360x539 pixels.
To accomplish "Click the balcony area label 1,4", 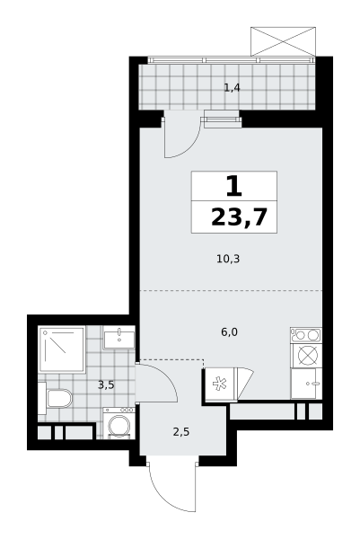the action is point(232,88).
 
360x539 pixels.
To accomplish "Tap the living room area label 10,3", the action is point(228,259).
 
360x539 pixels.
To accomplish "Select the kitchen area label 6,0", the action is point(230,332).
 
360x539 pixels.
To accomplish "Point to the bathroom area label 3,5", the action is point(106,385).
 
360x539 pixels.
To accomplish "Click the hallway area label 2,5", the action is point(181,432).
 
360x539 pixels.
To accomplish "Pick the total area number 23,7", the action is point(240,217).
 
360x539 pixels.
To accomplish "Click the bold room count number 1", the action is point(234,186).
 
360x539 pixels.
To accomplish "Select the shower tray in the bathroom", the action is point(62,349).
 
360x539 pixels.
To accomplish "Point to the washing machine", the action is point(119,423).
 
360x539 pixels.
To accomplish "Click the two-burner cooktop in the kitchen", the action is point(306,335).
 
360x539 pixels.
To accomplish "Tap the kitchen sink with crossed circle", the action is point(306,355).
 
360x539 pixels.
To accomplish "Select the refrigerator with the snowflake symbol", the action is point(220,384).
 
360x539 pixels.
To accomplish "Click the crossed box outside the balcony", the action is point(283,41).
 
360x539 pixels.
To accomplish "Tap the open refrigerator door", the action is point(245,383).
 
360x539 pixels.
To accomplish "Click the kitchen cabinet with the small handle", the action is point(306,384).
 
